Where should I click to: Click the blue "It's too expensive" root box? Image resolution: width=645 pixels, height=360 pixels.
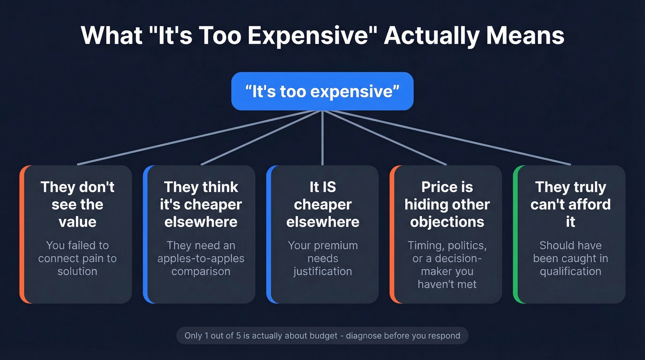point(322,91)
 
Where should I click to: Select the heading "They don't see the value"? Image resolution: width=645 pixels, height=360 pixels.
point(77,204)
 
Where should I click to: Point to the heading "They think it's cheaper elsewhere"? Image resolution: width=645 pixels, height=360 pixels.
point(201,204)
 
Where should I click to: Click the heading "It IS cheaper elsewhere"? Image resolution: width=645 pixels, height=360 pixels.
point(322,204)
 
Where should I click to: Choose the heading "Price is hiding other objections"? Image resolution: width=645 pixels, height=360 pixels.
point(447,204)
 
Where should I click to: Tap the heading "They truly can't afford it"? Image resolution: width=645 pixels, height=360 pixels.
point(570,204)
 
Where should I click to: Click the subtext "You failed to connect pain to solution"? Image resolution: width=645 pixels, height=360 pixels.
point(77,258)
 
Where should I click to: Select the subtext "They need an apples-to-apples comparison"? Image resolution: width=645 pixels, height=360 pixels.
point(201,258)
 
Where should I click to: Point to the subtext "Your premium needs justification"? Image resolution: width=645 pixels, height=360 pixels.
point(322,258)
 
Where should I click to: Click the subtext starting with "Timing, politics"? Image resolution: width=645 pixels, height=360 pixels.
point(447,265)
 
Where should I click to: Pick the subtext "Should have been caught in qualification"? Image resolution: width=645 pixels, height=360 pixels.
point(570,258)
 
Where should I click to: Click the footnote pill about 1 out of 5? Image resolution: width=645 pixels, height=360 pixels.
point(322,335)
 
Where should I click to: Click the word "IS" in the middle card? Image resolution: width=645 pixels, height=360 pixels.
point(329,187)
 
